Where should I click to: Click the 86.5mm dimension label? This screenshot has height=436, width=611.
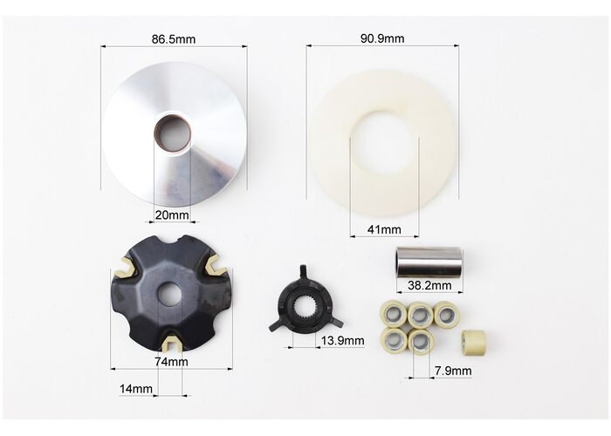174,39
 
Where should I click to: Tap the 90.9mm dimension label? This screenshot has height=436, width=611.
382,38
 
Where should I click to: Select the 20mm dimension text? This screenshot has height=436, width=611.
172,215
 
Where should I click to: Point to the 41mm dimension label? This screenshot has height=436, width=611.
384,229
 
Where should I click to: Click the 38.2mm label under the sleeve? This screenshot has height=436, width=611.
429,285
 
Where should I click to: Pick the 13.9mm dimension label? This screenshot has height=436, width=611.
342,341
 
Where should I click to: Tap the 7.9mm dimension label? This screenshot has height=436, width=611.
453,371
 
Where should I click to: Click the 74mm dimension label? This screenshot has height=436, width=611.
171,362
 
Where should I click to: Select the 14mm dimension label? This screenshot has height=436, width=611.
136,389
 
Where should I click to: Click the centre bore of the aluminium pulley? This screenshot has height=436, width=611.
172,133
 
